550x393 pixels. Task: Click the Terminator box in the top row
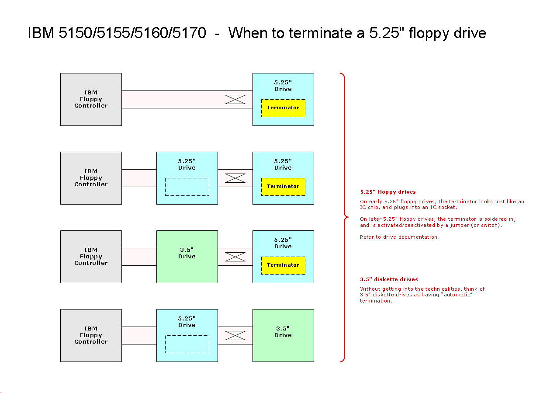[283, 108]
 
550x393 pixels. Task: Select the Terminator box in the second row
[283, 187]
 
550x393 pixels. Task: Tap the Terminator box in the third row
[283, 265]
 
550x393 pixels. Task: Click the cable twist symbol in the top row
[235, 99]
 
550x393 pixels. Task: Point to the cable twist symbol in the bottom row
[235, 335]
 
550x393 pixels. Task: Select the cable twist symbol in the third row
[235, 257]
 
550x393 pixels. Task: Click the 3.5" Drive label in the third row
[187, 253]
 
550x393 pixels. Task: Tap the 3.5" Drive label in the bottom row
[283, 331]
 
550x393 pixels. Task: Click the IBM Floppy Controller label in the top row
[91, 99]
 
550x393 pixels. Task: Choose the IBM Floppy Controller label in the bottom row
[91, 335]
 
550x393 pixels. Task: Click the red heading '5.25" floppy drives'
[387, 192]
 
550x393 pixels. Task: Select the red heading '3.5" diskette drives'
[389, 279]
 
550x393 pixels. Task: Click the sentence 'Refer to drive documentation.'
[399, 237]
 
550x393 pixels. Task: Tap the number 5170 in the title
[189, 33]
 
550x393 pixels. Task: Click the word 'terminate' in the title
[320, 33]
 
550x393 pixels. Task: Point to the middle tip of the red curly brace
[349, 217]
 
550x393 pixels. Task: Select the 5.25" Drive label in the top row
[283, 86]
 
